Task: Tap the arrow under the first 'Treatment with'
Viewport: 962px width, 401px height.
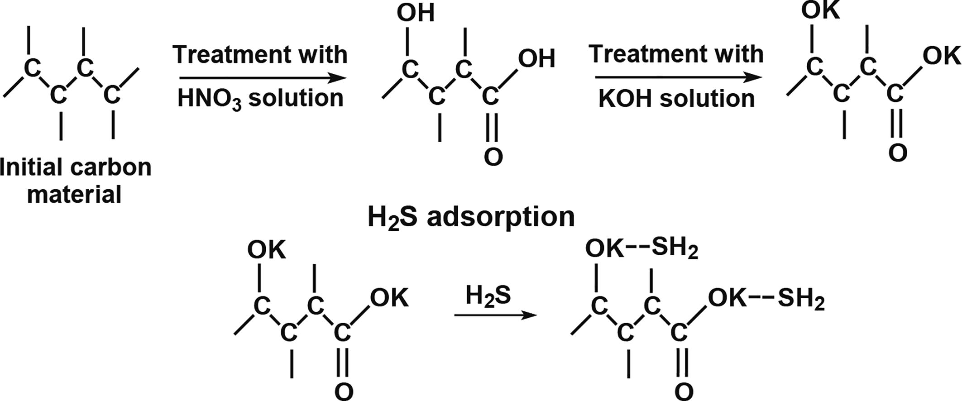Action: (x=263, y=78)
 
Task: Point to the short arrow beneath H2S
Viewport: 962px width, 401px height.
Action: (x=495, y=315)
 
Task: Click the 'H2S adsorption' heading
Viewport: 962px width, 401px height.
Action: (x=471, y=217)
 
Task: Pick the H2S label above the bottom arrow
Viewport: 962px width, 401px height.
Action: (x=488, y=296)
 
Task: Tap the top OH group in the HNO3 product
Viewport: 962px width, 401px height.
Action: (x=416, y=13)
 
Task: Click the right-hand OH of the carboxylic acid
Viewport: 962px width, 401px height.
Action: (x=536, y=59)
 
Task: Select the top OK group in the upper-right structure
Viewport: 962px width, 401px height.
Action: (x=820, y=11)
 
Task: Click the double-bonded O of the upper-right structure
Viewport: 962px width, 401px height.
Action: (x=898, y=153)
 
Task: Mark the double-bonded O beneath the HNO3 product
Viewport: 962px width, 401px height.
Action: (x=493, y=157)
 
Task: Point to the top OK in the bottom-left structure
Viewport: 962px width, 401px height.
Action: (x=267, y=250)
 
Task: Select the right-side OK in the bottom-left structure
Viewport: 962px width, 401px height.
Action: (x=389, y=298)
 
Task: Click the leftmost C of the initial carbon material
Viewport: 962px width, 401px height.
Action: (x=31, y=68)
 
